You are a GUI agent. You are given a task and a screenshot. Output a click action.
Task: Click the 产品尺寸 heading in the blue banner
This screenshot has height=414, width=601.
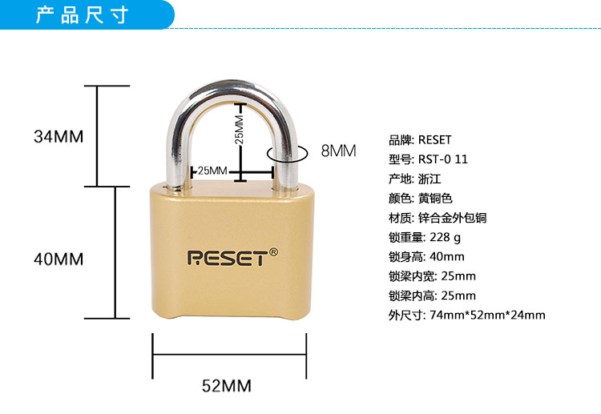pos(83,15)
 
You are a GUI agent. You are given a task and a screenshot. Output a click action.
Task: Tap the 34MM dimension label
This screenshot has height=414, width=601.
pos(58,136)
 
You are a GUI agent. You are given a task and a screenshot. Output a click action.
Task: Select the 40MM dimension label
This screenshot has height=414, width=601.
pos(58,259)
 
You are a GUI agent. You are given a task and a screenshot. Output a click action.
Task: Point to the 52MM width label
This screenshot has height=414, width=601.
pos(226,386)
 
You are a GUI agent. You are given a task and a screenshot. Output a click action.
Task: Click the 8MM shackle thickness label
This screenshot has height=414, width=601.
pos(337,150)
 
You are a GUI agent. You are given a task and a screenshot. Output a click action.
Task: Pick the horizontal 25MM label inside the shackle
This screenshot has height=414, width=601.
pos(212,171)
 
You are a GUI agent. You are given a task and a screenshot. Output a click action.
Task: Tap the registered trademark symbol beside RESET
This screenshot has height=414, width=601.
pos(273,251)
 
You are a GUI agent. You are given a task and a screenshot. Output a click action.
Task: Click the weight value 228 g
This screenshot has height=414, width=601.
pos(446,237)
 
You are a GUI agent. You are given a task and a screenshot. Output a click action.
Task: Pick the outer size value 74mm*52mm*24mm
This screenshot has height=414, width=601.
pos(487,315)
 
